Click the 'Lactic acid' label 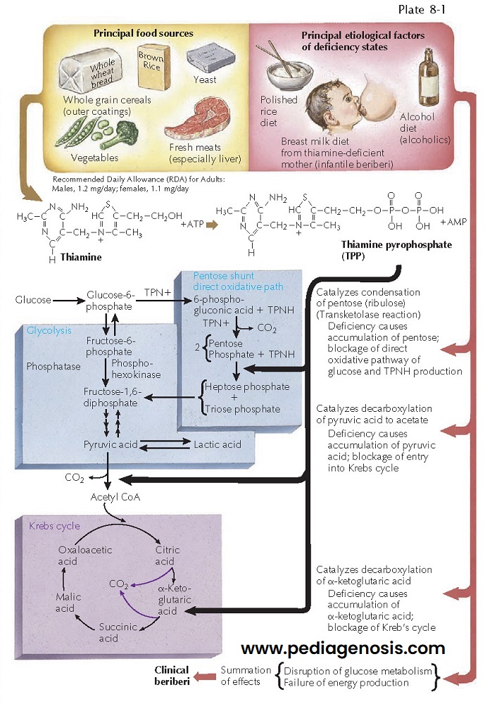[x=218, y=444]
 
